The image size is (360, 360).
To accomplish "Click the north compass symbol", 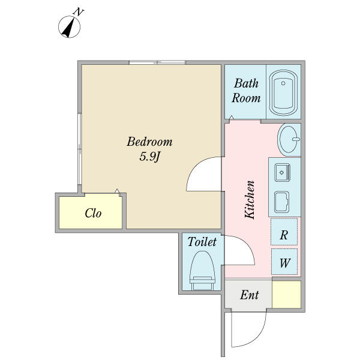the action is click(69, 27).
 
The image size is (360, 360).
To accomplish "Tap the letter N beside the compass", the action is click(79, 12).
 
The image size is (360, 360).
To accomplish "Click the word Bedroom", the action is click(149, 142).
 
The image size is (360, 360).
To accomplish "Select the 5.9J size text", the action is click(149, 157).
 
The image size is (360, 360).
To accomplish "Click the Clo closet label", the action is click(93, 213).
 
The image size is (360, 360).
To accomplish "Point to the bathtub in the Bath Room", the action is click(283, 93).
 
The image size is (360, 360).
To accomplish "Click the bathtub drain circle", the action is click(283, 83).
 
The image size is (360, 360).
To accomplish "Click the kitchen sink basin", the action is click(283, 172).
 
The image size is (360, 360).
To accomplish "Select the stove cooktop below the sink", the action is click(282, 202).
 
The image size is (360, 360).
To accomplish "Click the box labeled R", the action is click(284, 232).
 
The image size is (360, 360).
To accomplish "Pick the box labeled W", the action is click(284, 262).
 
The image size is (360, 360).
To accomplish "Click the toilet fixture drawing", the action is click(202, 271).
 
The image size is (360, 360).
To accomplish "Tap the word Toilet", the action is click(202, 242).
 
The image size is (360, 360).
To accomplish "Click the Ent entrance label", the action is click(250, 295).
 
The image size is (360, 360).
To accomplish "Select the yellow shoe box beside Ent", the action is click(287, 295).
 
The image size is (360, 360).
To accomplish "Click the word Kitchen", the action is click(250, 200).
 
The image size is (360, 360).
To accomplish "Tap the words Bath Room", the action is click(246, 91).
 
